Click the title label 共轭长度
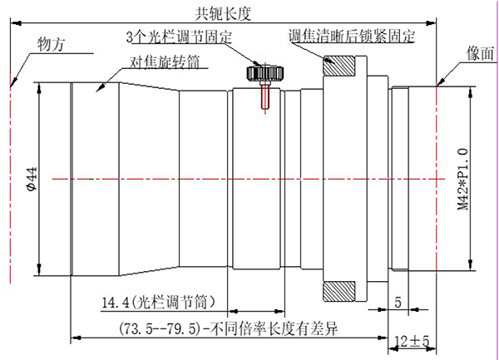coord(223,13)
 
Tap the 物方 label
coord(51,44)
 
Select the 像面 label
coord(480,53)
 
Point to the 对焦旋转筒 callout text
coord(165,62)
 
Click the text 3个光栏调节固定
coord(179,37)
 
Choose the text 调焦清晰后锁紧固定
coord(352,36)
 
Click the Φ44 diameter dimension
coord(32,179)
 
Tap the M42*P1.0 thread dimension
coord(463,179)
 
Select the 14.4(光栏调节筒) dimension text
coord(159,302)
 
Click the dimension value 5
coord(398,303)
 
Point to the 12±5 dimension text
coord(412,342)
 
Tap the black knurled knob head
coord(265,73)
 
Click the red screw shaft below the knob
coord(265,96)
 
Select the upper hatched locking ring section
coord(339,66)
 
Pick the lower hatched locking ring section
coord(339,291)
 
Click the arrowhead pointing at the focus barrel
coord(100,88)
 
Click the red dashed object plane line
coord(11,178)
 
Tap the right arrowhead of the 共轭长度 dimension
coord(431,23)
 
